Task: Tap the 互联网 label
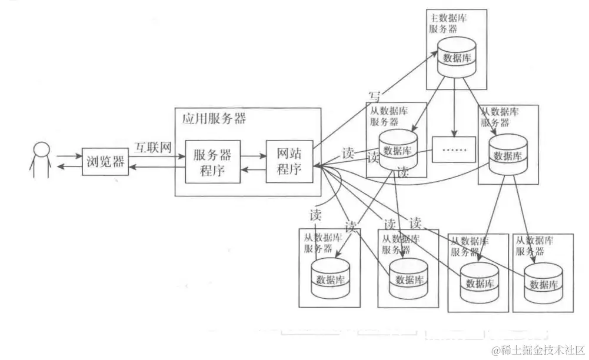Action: [x=152, y=147]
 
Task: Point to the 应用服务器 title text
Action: [x=210, y=118]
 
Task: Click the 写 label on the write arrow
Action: [x=375, y=96]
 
